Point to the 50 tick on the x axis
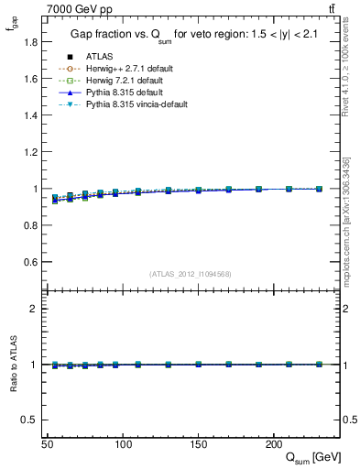(x=47, y=443)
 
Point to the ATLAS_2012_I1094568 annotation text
(x=190, y=274)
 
